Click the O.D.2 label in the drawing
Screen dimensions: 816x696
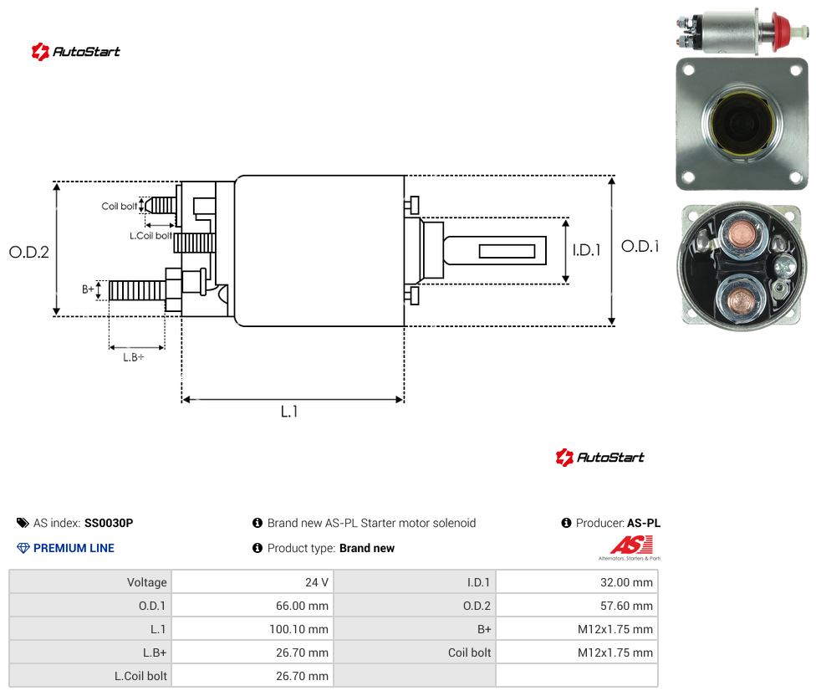29,253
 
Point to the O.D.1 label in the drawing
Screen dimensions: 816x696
640,246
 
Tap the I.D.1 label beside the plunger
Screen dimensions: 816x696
587,250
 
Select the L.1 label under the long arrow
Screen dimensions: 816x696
289,412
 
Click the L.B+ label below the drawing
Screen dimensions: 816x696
134,357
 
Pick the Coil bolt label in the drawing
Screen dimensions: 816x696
120,207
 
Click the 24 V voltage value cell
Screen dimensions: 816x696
252,582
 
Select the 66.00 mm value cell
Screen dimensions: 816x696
252,606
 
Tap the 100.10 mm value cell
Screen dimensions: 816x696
252,629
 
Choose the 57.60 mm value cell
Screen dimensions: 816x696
577,606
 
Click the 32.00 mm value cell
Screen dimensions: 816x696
577,582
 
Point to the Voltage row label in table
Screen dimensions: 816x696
147,582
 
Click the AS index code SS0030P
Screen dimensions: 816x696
109,523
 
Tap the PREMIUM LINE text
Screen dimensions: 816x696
74,548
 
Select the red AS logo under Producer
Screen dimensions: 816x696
631,545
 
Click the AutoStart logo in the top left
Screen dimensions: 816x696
75,52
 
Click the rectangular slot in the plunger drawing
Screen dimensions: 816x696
507,251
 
